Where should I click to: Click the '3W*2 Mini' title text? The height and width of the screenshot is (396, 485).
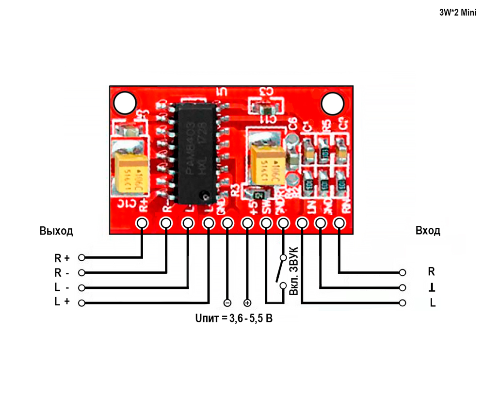(454, 13)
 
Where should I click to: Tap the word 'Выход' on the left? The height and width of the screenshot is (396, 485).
(56, 231)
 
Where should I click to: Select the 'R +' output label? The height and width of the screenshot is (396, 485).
(62, 257)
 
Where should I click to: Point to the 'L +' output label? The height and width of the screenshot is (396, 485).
(62, 302)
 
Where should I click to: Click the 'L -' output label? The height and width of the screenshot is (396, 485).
(62, 287)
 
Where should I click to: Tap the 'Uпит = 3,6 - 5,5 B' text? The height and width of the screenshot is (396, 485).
(233, 319)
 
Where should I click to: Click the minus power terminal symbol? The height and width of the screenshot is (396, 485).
(226, 303)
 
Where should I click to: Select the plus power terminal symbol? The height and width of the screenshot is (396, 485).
(247, 303)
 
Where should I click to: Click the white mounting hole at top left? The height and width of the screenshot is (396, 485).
(124, 103)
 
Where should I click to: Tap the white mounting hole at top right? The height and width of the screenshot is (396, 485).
(333, 103)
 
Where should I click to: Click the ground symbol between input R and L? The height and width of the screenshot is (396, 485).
(432, 288)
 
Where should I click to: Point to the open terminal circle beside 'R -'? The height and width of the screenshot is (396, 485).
(81, 272)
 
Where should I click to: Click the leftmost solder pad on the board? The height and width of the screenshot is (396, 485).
(142, 223)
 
